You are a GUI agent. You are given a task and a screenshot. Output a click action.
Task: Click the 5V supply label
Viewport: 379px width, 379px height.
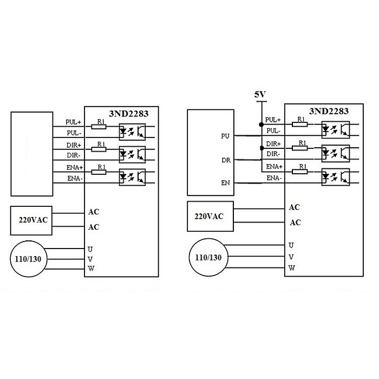coord(260,95)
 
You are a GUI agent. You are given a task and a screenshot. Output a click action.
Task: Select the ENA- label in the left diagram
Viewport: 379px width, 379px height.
coord(75,178)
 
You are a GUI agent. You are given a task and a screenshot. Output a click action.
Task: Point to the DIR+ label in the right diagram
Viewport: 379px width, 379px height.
coord(272,144)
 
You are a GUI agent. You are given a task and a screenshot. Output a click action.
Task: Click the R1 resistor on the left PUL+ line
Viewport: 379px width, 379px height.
coord(100,127)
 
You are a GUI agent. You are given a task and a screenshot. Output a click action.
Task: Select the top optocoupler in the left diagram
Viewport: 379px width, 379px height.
coord(132,130)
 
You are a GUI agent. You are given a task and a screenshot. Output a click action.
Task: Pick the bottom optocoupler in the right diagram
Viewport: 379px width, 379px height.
coord(335,176)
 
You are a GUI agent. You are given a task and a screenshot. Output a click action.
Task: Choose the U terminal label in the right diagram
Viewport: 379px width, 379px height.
coord(291,245)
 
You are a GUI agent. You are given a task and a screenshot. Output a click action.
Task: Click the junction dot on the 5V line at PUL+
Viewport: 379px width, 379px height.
coord(261,125)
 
